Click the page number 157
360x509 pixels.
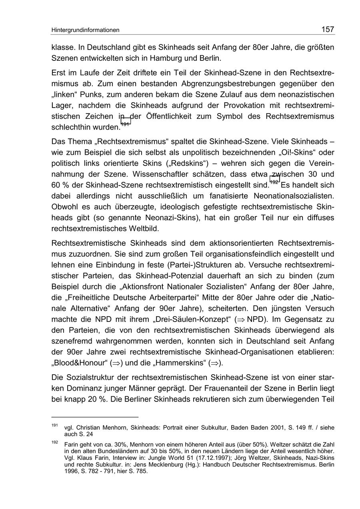(327, 29)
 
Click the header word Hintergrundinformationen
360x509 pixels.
(85, 30)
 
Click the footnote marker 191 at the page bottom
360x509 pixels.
(54, 425)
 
